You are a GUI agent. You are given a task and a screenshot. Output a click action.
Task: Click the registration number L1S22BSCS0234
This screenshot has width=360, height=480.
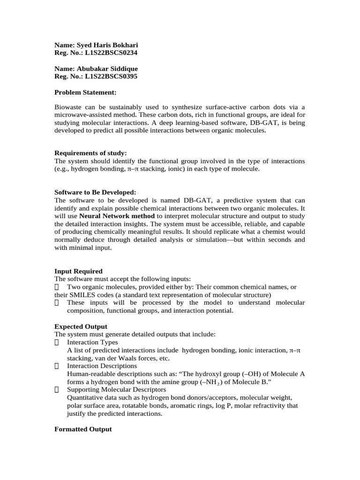pos(111,53)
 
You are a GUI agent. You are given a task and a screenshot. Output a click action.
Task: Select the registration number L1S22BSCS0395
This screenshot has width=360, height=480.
pos(111,76)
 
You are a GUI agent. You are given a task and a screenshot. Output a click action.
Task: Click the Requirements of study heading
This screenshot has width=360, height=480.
pos(90,153)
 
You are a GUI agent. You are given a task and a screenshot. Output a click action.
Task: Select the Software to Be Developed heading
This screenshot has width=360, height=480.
pos(95,192)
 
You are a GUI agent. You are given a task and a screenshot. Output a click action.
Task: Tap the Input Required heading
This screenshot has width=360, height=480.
pos(78,271)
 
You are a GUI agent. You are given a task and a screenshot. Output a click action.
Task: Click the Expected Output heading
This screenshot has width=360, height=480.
pos(81,326)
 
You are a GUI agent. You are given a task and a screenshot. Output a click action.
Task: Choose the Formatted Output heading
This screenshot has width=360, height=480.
pos(83,429)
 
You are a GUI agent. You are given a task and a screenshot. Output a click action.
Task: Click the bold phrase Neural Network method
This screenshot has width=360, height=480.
pos(117,216)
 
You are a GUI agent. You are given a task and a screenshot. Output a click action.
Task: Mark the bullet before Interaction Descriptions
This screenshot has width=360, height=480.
pos(57,366)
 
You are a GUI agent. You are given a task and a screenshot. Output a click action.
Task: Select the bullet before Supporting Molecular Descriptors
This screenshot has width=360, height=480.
pos(57,390)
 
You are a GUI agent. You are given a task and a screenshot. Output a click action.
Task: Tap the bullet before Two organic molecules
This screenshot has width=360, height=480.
pos(57,287)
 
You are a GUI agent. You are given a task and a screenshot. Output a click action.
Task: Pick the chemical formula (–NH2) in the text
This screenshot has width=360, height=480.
pos(211,382)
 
